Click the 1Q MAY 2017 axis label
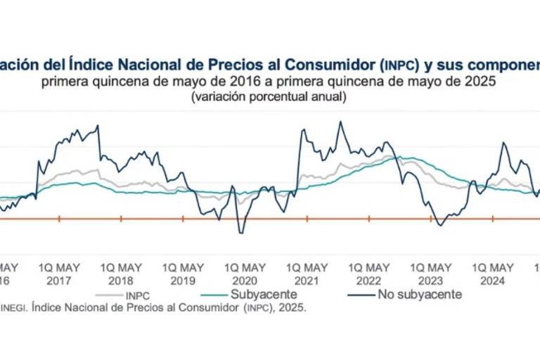pos(59,274)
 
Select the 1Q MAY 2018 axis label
pos(121,274)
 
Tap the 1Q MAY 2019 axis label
pos(183,274)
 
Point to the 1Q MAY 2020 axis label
pos(245,274)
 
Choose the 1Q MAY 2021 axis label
pos(307,274)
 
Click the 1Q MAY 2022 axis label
pos(368,274)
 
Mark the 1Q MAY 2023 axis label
pos(430,274)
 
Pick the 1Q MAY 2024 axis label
pos(492,274)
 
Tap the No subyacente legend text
pos(420,295)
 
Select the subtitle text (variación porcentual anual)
pos(268,97)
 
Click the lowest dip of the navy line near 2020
pos(240,233)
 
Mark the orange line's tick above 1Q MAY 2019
pos(183,219)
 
